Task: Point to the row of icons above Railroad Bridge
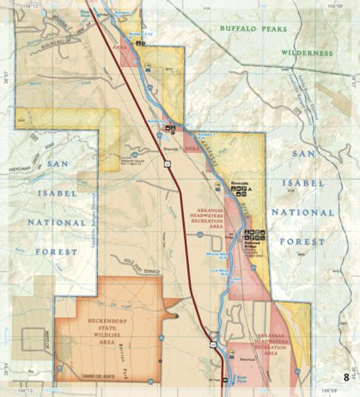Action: pos(255,233)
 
